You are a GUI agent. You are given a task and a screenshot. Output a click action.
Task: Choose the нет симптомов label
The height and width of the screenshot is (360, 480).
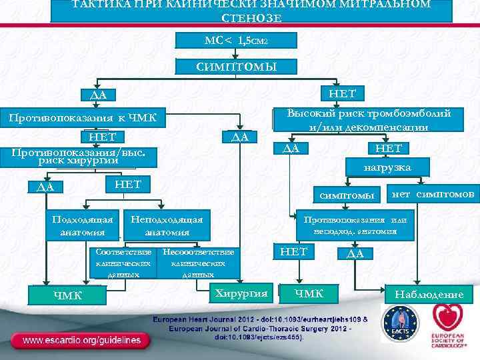(x=433, y=194)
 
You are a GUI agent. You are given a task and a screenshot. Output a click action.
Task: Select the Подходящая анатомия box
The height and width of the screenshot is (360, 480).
(x=82, y=225)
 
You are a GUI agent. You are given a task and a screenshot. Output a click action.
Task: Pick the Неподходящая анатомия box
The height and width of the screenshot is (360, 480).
(x=167, y=225)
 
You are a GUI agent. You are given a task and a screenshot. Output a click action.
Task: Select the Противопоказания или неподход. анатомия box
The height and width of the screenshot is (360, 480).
(x=355, y=225)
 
